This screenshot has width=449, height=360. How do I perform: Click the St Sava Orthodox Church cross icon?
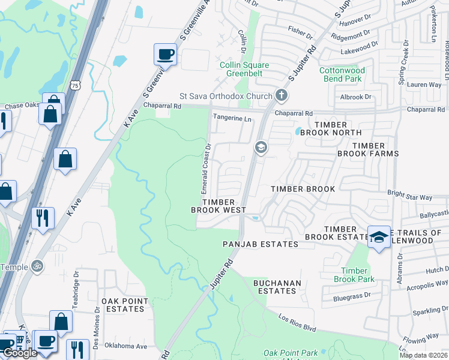click(x=280, y=95)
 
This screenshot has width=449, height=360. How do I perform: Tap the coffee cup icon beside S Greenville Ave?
click(x=165, y=54)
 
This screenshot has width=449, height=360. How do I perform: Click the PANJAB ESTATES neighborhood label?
click(x=260, y=245)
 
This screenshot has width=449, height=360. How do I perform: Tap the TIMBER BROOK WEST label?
click(x=218, y=206)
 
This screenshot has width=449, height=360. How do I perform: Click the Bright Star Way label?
click(x=410, y=197)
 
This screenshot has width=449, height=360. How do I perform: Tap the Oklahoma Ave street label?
click(x=125, y=346)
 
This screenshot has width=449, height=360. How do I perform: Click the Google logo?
click(x=20, y=353)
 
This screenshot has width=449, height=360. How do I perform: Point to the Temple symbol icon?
click(x=37, y=265)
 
